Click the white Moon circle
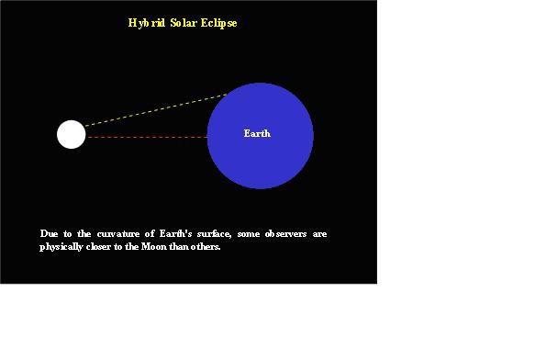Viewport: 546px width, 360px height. pyautogui.click(x=71, y=134)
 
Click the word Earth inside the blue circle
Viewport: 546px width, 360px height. pyautogui.click(x=257, y=134)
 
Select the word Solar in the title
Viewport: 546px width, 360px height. pyautogui.click(x=184, y=23)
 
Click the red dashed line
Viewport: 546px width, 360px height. pyautogui.click(x=147, y=137)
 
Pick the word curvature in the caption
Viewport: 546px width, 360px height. pyautogui.click(x=119, y=234)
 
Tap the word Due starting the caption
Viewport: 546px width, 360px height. pyautogui.click(x=49, y=234)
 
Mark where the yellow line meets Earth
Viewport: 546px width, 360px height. pyautogui.click(x=227, y=94)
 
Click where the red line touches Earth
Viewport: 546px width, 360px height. pyautogui.click(x=207, y=137)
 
